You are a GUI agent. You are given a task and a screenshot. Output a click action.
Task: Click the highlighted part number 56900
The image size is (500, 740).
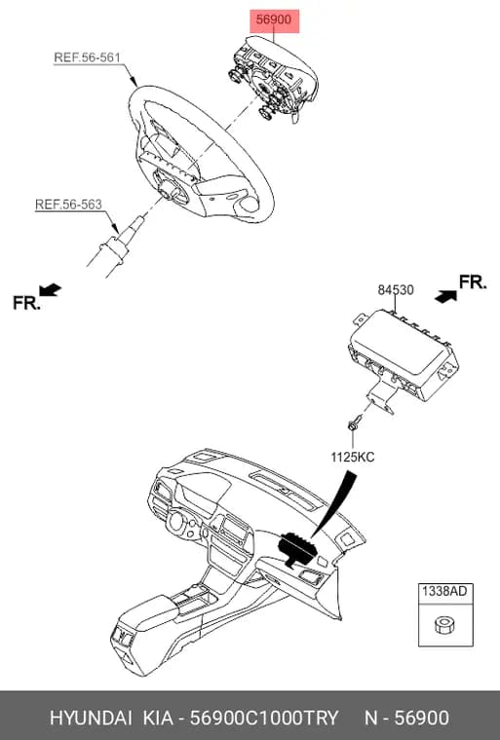pyautogui.click(x=274, y=20)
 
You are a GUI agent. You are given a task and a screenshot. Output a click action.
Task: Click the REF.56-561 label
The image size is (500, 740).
pyautogui.click(x=88, y=57)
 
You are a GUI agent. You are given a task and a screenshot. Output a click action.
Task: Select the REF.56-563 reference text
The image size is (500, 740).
pyautogui.click(x=68, y=204)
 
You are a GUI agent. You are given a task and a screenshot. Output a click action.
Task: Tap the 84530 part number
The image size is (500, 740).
pyautogui.click(x=396, y=290)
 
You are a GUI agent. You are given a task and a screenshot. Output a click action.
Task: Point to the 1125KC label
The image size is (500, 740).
pyautogui.click(x=353, y=457)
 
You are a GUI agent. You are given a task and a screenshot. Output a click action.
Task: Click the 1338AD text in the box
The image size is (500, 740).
pyautogui.click(x=444, y=591)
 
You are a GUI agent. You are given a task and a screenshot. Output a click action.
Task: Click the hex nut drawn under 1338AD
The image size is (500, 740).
pyautogui.click(x=443, y=625)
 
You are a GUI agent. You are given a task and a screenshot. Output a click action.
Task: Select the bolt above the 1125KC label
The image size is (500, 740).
pyautogui.click(x=355, y=422)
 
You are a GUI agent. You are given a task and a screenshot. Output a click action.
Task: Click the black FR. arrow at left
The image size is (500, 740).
pyautogui.click(x=50, y=290)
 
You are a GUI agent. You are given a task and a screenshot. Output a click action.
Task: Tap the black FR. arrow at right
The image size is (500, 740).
pyautogui.click(x=445, y=296)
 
